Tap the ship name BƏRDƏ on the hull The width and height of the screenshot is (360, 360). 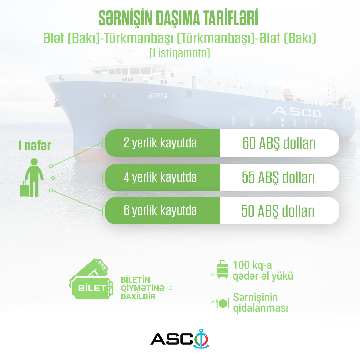click(x=158, y=96)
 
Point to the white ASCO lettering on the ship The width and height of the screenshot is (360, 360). click(x=297, y=112)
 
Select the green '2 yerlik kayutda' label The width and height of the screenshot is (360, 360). click(x=160, y=143)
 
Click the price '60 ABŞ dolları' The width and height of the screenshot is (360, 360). click(x=279, y=143)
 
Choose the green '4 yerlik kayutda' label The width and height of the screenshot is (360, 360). click(x=160, y=177)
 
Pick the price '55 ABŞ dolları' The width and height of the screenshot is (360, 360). click(x=278, y=178)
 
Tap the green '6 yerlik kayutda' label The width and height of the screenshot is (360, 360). click(x=160, y=210)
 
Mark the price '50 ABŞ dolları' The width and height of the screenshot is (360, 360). click(x=278, y=211)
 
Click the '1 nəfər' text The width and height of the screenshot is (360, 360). click(x=35, y=146)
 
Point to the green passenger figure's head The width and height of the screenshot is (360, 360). click(x=34, y=162)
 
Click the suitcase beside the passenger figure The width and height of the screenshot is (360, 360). click(x=25, y=189)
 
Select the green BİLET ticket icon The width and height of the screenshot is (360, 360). click(x=91, y=279)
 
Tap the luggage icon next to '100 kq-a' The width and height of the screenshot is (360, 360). click(x=223, y=269)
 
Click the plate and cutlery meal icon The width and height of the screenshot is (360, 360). click(x=222, y=303)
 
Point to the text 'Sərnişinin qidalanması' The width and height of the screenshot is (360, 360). click(x=260, y=303)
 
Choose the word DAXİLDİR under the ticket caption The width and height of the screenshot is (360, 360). click(x=138, y=297)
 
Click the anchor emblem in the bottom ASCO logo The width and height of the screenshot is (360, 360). click(x=201, y=339)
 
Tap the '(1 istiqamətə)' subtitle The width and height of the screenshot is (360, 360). click(x=180, y=53)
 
